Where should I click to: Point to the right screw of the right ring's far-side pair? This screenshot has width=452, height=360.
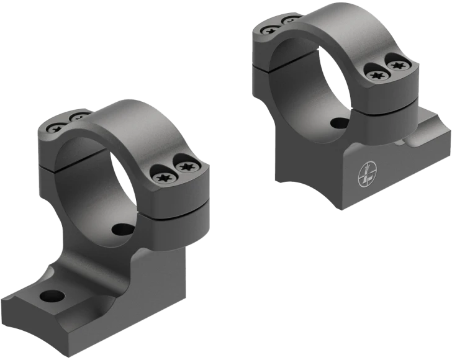[290, 21]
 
